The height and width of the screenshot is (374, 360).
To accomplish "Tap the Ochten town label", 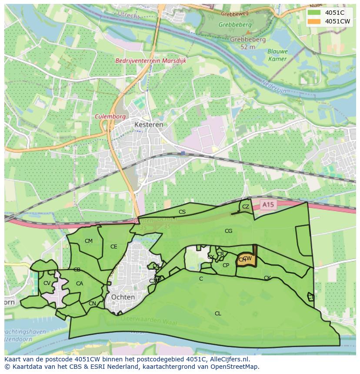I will [x=123, y=297].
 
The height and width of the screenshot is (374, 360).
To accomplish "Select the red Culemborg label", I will [x=110, y=117].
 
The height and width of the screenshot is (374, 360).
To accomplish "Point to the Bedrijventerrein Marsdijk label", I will [x=150, y=61].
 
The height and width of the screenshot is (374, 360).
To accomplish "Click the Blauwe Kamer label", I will [x=277, y=55].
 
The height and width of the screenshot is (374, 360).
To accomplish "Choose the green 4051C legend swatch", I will [x=313, y=13].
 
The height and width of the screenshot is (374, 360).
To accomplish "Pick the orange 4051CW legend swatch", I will [x=313, y=21].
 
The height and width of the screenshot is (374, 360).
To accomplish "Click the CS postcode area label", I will [x=182, y=212].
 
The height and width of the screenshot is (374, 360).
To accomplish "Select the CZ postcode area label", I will [x=246, y=207].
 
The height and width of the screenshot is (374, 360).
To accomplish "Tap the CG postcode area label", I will [x=228, y=231].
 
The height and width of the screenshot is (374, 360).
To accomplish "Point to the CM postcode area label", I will [x=89, y=241].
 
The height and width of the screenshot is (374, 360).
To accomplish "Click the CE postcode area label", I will [x=113, y=247].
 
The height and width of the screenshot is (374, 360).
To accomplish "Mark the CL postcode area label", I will [x=218, y=313].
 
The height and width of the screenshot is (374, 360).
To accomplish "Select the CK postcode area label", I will [x=267, y=278].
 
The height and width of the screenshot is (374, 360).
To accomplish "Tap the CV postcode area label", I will [x=47, y=283].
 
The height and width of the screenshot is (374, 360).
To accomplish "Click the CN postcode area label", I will [x=92, y=304].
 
